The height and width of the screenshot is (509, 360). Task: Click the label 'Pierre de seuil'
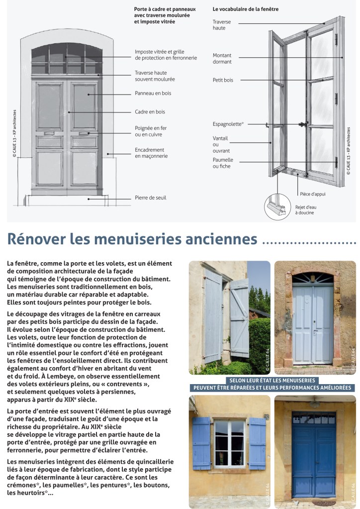pyautogui.click(x=150, y=198)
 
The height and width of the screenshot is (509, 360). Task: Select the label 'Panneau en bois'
pyautogui.click(x=153, y=93)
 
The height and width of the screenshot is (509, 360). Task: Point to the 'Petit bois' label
pyautogui.click(x=223, y=80)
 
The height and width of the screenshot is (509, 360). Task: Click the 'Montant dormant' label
pyautogui.click(x=222, y=58)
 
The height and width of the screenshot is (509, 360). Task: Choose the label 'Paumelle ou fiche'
pyautogui.click(x=223, y=163)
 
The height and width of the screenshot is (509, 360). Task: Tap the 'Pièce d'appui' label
pyautogui.click(x=312, y=194)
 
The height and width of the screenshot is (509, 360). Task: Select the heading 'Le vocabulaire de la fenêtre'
pyautogui.click(x=245, y=9)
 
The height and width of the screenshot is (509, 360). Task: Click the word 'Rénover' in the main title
pyautogui.click(x=36, y=239)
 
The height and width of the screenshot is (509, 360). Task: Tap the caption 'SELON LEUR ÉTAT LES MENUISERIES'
pyautogui.click(x=270, y=380)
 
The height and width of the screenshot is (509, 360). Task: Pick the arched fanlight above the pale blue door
pyautogui.click(x=313, y=278)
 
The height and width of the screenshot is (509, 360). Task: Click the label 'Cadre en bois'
pyautogui.click(x=150, y=112)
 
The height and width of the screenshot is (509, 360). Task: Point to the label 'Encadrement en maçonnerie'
pyautogui.click(x=151, y=153)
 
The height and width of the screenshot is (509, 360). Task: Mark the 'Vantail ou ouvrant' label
pyautogui.click(x=221, y=144)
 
